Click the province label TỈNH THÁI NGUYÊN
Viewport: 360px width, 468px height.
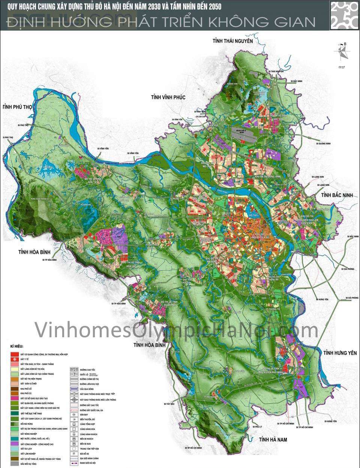232,41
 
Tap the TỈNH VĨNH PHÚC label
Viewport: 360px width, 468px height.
168,97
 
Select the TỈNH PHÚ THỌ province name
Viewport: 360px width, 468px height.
17,107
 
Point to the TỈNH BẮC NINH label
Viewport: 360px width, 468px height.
337,195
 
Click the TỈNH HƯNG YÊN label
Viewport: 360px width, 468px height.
340,353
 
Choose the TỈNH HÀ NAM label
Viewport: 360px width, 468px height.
273,439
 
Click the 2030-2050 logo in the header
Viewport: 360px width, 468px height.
344,15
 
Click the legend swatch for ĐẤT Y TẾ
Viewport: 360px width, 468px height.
15,359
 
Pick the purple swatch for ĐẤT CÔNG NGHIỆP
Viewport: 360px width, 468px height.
15,444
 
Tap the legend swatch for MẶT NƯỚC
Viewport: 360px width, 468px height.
15,438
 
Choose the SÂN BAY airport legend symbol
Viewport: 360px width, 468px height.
74,414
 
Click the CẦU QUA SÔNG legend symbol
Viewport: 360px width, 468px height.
74,389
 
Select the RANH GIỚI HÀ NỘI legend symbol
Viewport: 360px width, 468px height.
74,463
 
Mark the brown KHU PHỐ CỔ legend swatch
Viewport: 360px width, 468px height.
15,389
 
